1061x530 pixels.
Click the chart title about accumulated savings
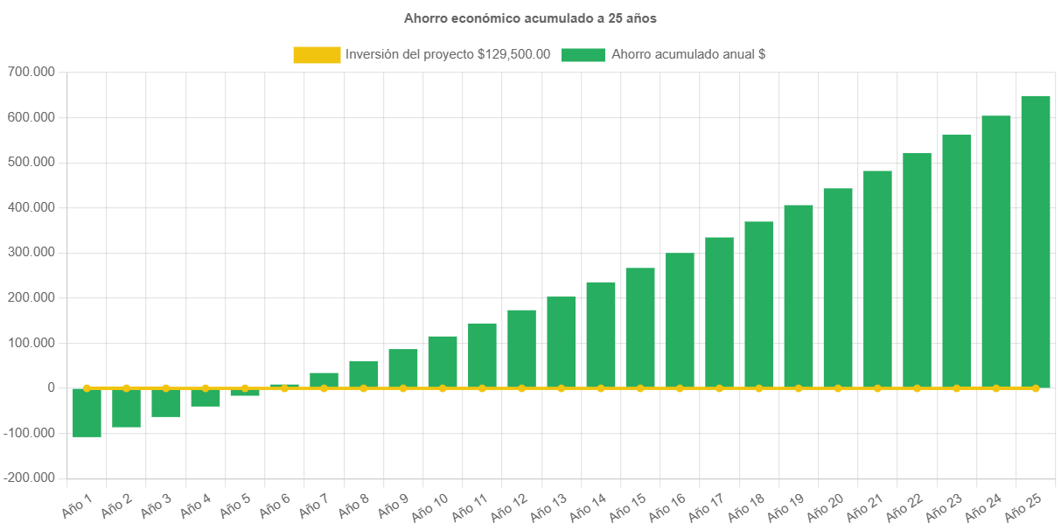pyautogui.click(x=530, y=17)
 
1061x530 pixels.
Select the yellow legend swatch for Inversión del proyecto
pyautogui.click(x=317, y=55)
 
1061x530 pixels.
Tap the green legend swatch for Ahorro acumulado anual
pyautogui.click(x=583, y=55)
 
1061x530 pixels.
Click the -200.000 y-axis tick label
pyautogui.click(x=29, y=478)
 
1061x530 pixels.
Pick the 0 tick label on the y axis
pyautogui.click(x=52, y=387)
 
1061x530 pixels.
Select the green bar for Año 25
pyautogui.click(x=1036, y=241)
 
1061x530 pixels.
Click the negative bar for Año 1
pyautogui.click(x=87, y=412)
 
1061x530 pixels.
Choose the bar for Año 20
pyautogui.click(x=838, y=287)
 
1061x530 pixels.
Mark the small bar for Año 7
pyautogui.click(x=324, y=380)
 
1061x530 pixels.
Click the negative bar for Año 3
pyautogui.click(x=165, y=402)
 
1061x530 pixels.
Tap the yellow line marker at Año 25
pyautogui.click(x=1036, y=387)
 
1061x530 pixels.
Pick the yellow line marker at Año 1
pyautogui.click(x=87, y=387)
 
